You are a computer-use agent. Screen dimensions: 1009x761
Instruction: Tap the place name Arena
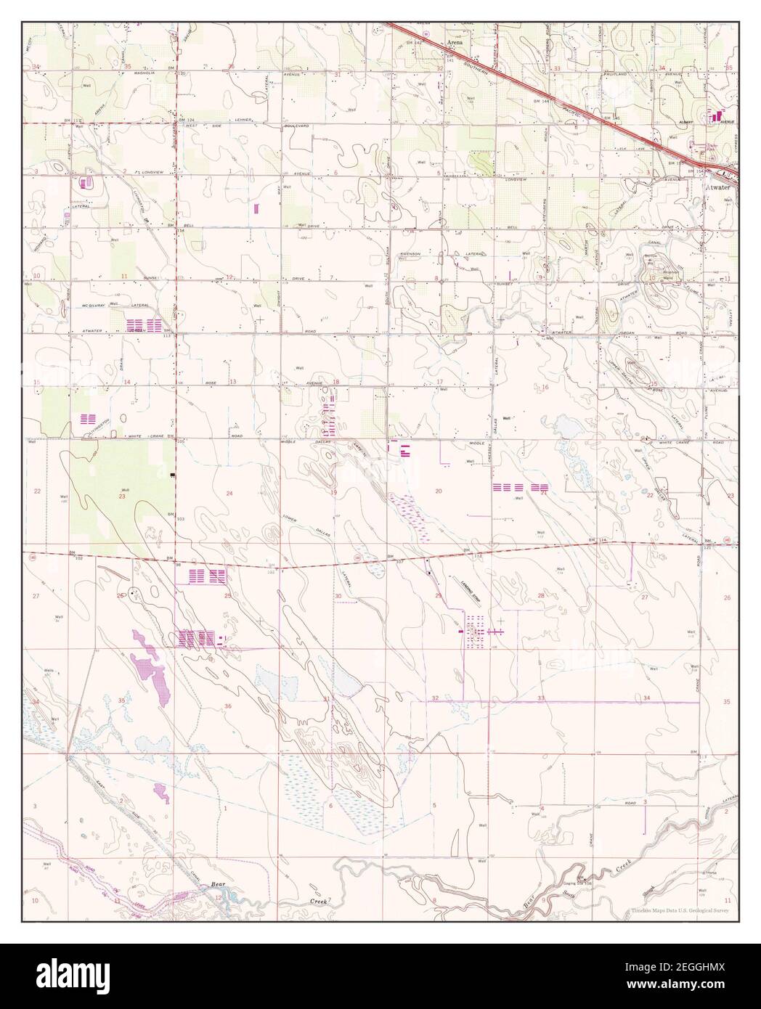[x=455, y=44]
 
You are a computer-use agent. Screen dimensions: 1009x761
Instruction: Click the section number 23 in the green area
[x=122, y=497]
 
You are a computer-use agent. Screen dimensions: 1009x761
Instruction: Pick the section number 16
[x=545, y=388]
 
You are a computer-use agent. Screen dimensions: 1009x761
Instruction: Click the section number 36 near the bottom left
[x=227, y=706]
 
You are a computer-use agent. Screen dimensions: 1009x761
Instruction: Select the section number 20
[x=439, y=491]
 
